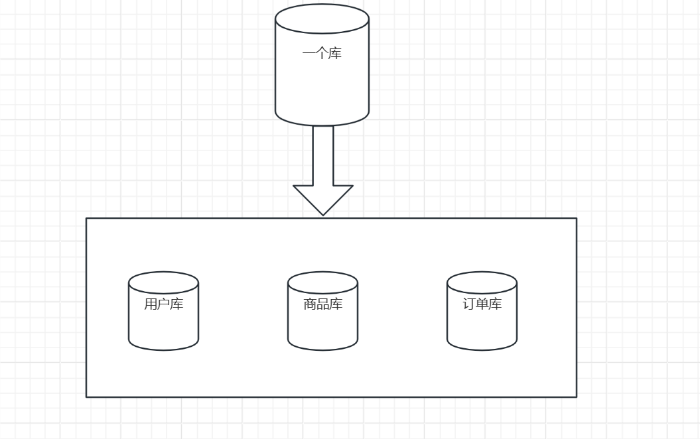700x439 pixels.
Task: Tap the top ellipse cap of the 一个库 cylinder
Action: [x=322, y=19]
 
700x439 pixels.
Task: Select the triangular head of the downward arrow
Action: [x=323, y=199]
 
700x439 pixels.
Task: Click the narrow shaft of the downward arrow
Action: [x=323, y=156]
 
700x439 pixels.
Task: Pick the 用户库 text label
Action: [x=163, y=305]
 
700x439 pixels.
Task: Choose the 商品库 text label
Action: [x=322, y=305]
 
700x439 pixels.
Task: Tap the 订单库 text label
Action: [x=482, y=305]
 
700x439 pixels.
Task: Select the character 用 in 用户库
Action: [x=151, y=305]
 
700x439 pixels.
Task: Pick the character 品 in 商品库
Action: [x=322, y=305]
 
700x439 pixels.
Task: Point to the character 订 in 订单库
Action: [x=469, y=305]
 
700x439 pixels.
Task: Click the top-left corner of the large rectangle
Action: [x=86, y=218]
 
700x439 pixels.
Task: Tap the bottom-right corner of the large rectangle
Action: [x=576, y=397]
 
